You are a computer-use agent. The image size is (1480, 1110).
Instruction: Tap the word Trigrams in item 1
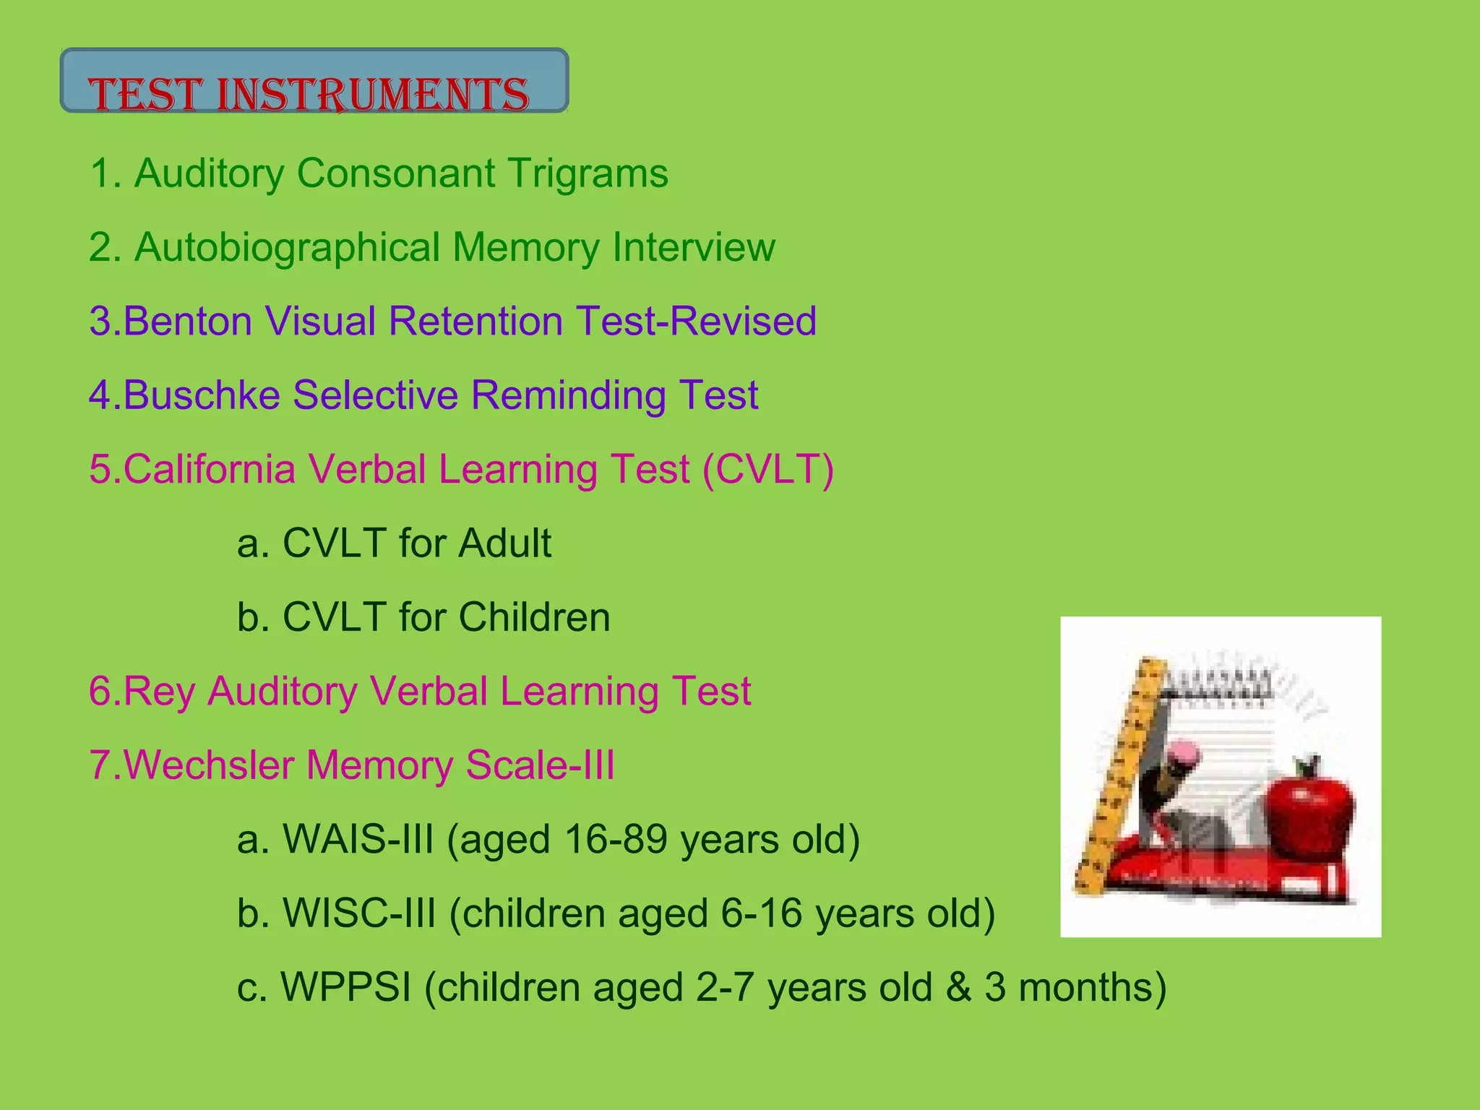pos(587,173)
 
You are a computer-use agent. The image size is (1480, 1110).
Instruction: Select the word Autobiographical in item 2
pos(287,248)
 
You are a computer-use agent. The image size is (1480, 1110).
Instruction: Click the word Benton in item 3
pos(187,321)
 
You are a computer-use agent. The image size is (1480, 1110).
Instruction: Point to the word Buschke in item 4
pos(202,395)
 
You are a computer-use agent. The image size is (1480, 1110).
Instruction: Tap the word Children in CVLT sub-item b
pos(534,617)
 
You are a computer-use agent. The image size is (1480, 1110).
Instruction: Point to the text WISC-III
pos(358,913)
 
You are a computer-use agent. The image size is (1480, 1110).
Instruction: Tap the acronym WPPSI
pos(345,987)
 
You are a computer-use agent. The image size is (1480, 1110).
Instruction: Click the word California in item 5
pos(210,469)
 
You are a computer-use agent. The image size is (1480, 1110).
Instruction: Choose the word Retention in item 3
pos(476,321)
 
